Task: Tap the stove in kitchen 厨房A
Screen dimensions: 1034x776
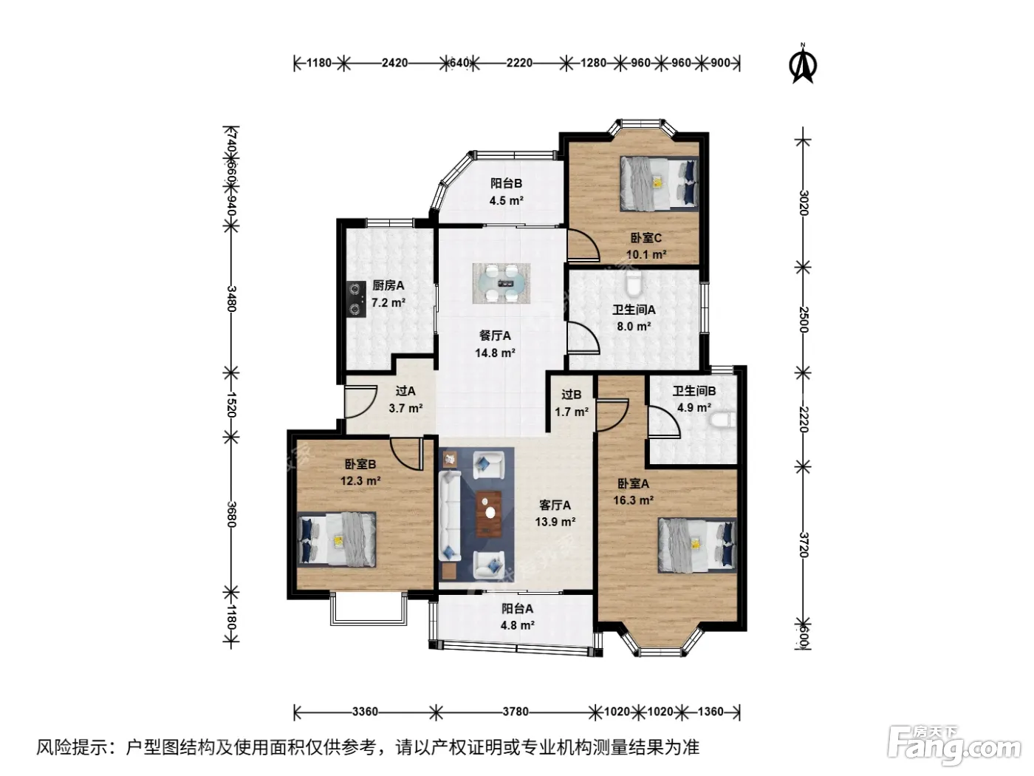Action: click(x=356, y=299)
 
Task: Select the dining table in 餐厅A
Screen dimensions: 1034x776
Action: click(x=501, y=283)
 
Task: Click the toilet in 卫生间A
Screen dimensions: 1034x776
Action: click(x=633, y=284)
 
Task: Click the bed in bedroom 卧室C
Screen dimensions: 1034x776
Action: click(x=659, y=183)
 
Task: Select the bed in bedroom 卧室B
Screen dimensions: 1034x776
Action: click(x=338, y=540)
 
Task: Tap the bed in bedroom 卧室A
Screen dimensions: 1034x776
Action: click(x=697, y=545)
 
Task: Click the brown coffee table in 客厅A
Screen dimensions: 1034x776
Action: click(x=489, y=514)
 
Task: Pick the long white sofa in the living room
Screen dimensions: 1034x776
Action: click(x=449, y=516)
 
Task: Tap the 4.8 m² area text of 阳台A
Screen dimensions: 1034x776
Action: click(x=518, y=625)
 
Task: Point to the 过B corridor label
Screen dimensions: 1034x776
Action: click(x=572, y=395)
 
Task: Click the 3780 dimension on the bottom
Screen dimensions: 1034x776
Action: click(x=516, y=712)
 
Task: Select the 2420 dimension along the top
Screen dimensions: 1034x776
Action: click(x=394, y=63)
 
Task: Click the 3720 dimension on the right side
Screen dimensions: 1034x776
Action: click(x=804, y=545)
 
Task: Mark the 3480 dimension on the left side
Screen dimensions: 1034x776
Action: click(x=231, y=299)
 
